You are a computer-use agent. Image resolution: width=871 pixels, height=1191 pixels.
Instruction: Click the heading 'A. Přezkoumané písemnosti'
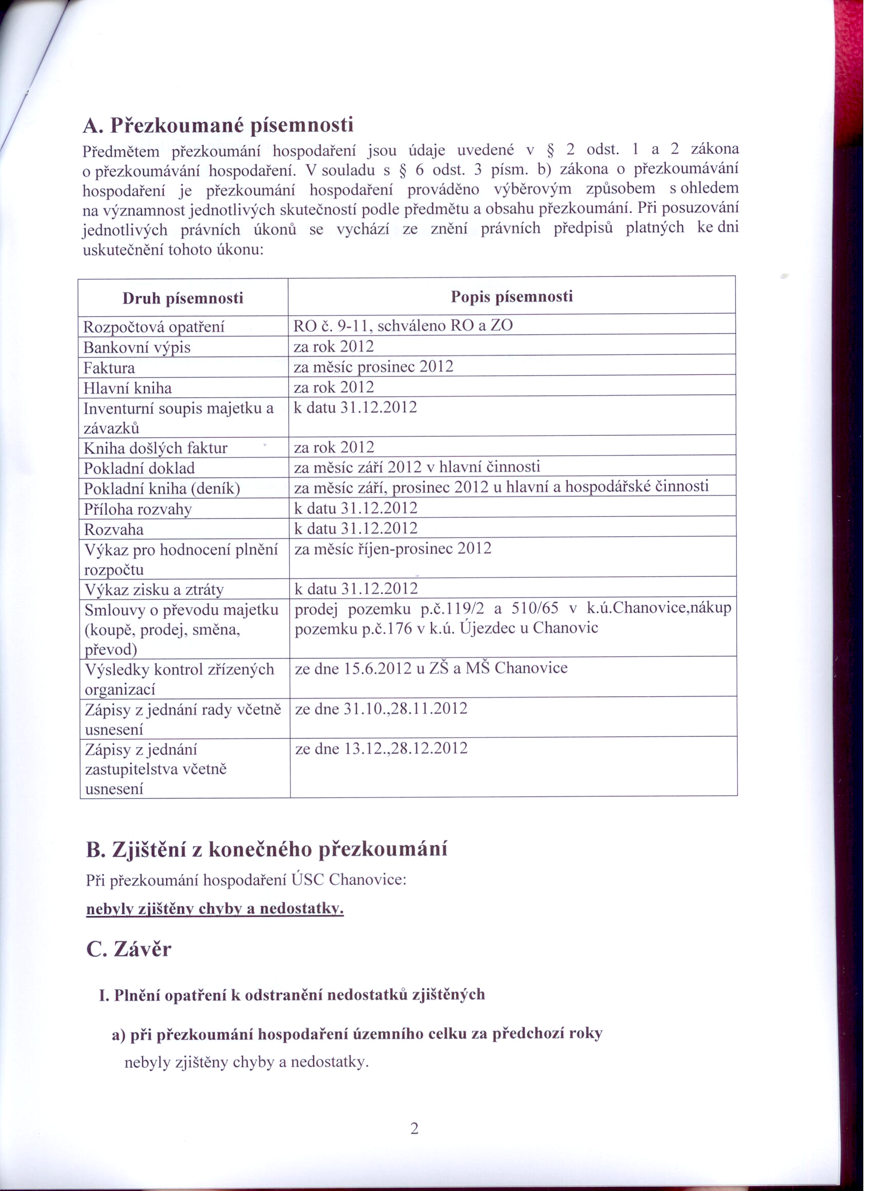point(218,126)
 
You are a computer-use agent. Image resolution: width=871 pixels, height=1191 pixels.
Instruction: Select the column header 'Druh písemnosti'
point(183,298)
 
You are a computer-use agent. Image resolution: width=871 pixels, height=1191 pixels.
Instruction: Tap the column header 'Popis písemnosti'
point(512,296)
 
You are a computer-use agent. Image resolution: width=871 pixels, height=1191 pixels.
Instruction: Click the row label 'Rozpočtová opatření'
point(154,328)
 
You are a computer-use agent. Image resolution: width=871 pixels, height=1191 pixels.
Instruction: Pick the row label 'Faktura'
point(109,368)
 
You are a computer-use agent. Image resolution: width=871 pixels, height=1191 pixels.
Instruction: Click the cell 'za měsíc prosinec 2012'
point(373,367)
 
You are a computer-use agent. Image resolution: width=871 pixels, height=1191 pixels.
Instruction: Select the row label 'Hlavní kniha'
point(128,388)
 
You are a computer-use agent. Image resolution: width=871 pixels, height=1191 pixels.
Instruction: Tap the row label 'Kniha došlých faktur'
point(155,448)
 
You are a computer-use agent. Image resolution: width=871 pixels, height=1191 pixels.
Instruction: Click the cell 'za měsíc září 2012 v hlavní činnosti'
point(416,467)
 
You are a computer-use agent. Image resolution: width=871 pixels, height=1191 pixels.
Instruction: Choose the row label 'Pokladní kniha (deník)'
point(162,489)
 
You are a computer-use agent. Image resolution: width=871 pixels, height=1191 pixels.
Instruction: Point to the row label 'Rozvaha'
point(113,529)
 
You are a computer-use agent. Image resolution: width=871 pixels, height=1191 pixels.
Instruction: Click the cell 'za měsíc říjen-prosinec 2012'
point(393,549)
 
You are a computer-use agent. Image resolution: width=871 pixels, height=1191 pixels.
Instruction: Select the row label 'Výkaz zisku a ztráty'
point(154,589)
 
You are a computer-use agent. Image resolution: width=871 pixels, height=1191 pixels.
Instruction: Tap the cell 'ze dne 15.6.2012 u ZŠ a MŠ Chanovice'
point(431,668)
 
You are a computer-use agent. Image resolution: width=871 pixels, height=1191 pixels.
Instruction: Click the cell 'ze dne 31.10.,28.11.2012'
point(381,709)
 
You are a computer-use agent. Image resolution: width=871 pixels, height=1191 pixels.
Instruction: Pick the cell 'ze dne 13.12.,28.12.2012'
point(381,749)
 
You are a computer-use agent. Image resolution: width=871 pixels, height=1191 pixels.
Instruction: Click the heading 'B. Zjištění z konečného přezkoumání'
point(266,850)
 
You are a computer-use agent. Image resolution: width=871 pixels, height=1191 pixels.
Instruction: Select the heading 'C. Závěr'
point(128,950)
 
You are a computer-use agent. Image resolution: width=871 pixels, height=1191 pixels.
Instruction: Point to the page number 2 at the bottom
point(414,1128)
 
